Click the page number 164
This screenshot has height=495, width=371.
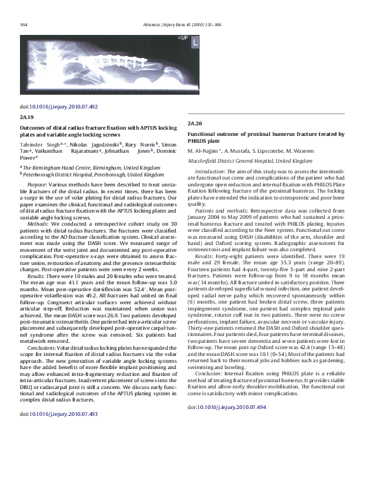point(24,24)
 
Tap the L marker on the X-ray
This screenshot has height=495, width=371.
point(195,43)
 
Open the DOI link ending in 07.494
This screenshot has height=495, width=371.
point(231,406)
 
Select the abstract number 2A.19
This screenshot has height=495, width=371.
point(27,117)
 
